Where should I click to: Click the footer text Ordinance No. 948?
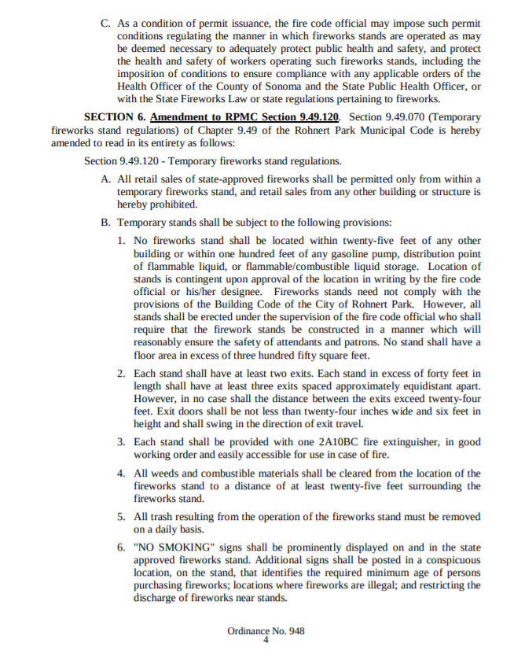(266, 631)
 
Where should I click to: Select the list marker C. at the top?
(106, 24)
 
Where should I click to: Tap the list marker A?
(106, 180)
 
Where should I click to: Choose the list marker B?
(106, 223)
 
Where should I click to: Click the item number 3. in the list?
(122, 442)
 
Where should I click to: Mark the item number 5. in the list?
(122, 517)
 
